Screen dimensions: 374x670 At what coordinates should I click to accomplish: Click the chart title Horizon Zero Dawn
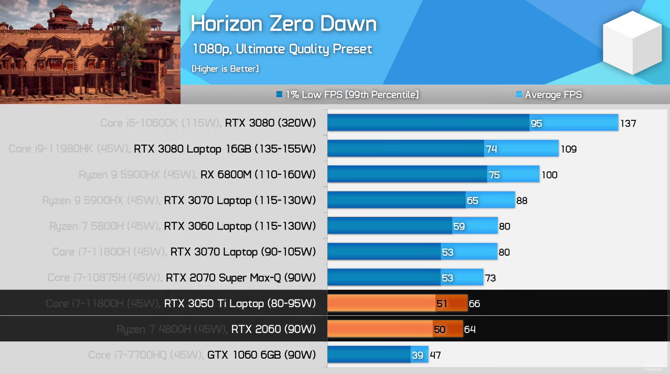(x=283, y=24)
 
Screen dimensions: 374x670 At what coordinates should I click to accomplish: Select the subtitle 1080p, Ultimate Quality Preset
(x=282, y=49)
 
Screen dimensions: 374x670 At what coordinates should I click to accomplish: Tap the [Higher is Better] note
(x=225, y=69)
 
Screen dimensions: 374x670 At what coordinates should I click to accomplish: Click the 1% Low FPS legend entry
(x=347, y=95)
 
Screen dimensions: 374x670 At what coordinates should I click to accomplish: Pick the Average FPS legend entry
(x=549, y=95)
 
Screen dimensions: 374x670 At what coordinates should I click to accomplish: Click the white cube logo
(x=632, y=42)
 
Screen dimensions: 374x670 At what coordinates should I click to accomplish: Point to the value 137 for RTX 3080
(x=628, y=123)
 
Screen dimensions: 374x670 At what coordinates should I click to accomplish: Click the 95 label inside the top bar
(x=536, y=123)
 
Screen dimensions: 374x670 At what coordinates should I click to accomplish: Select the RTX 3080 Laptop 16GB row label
(x=225, y=149)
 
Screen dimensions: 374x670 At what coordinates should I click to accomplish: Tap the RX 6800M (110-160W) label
(x=258, y=174)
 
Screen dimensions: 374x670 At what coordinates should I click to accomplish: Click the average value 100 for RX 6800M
(x=549, y=175)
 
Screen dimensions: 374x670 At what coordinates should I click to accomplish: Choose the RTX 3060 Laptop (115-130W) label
(x=240, y=226)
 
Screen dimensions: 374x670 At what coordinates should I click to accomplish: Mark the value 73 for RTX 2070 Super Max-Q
(x=490, y=278)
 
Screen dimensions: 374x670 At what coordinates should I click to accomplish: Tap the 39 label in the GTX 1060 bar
(x=417, y=355)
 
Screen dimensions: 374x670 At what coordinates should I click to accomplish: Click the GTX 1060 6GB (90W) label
(x=261, y=355)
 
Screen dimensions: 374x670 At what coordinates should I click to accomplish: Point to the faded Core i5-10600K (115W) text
(x=160, y=123)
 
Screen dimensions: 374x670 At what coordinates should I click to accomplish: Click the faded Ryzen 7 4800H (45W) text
(x=172, y=329)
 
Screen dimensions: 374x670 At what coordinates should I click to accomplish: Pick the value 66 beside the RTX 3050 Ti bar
(x=474, y=304)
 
